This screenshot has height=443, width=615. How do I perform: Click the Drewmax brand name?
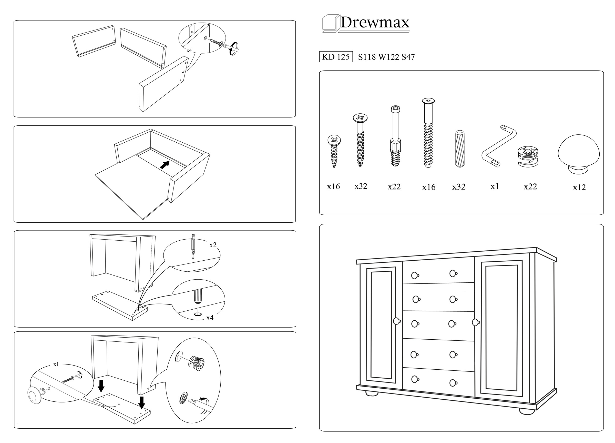coord(375,22)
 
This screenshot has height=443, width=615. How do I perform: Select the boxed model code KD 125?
coord(336,57)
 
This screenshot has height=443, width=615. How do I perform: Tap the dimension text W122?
coord(388,57)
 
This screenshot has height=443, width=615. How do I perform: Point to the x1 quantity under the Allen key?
coord(495,186)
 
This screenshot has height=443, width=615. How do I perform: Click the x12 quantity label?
coord(579,187)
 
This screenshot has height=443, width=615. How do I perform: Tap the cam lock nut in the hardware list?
coord(528,157)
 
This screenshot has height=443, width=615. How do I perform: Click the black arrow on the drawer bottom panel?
coord(165,165)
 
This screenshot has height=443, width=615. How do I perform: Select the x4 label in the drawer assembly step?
coord(189,50)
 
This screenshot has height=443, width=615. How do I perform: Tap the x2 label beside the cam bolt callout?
coord(213,245)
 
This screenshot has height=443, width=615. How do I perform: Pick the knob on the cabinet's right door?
coord(476,322)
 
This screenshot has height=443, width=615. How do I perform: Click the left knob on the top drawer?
coord(415,275)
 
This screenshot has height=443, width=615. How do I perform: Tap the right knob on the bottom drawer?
coord(453,383)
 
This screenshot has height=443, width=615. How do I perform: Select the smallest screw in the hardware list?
coord(334,151)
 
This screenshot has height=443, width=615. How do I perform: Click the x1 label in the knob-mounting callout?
coord(56,364)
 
